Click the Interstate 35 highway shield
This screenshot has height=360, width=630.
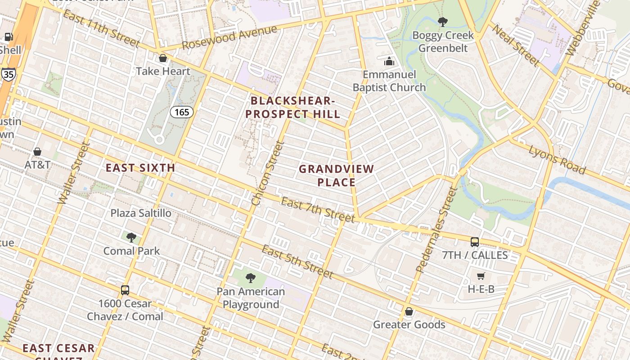pyautogui.click(x=8, y=74)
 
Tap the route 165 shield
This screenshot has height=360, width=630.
pyautogui.click(x=181, y=112)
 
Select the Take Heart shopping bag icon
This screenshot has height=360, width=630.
pyautogui.click(x=163, y=58)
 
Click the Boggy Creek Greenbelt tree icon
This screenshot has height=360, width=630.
pyautogui.click(x=443, y=22)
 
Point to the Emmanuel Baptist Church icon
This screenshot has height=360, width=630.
pyautogui.click(x=389, y=61)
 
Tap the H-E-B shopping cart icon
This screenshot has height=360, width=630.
pyautogui.click(x=481, y=276)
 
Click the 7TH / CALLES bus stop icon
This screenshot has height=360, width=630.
pyautogui.click(x=475, y=242)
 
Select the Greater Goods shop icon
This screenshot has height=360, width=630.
pyautogui.click(x=409, y=311)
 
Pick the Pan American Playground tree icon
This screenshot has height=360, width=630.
pyautogui.click(x=251, y=278)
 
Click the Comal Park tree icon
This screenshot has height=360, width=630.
pyautogui.click(x=131, y=237)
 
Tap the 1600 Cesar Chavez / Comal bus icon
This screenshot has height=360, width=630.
pyautogui.click(x=125, y=290)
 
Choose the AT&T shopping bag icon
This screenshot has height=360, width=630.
pyautogui.click(x=37, y=152)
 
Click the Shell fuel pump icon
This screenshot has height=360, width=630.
pyautogui.click(x=8, y=37)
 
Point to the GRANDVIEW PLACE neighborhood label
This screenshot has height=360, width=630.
pyautogui.click(x=337, y=175)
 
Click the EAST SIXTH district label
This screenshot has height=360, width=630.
pyautogui.click(x=140, y=168)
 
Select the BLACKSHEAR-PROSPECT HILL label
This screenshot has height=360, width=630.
pyautogui.click(x=293, y=107)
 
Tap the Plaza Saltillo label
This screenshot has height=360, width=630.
pyautogui.click(x=141, y=213)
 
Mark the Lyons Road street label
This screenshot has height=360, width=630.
pyautogui.click(x=557, y=160)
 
